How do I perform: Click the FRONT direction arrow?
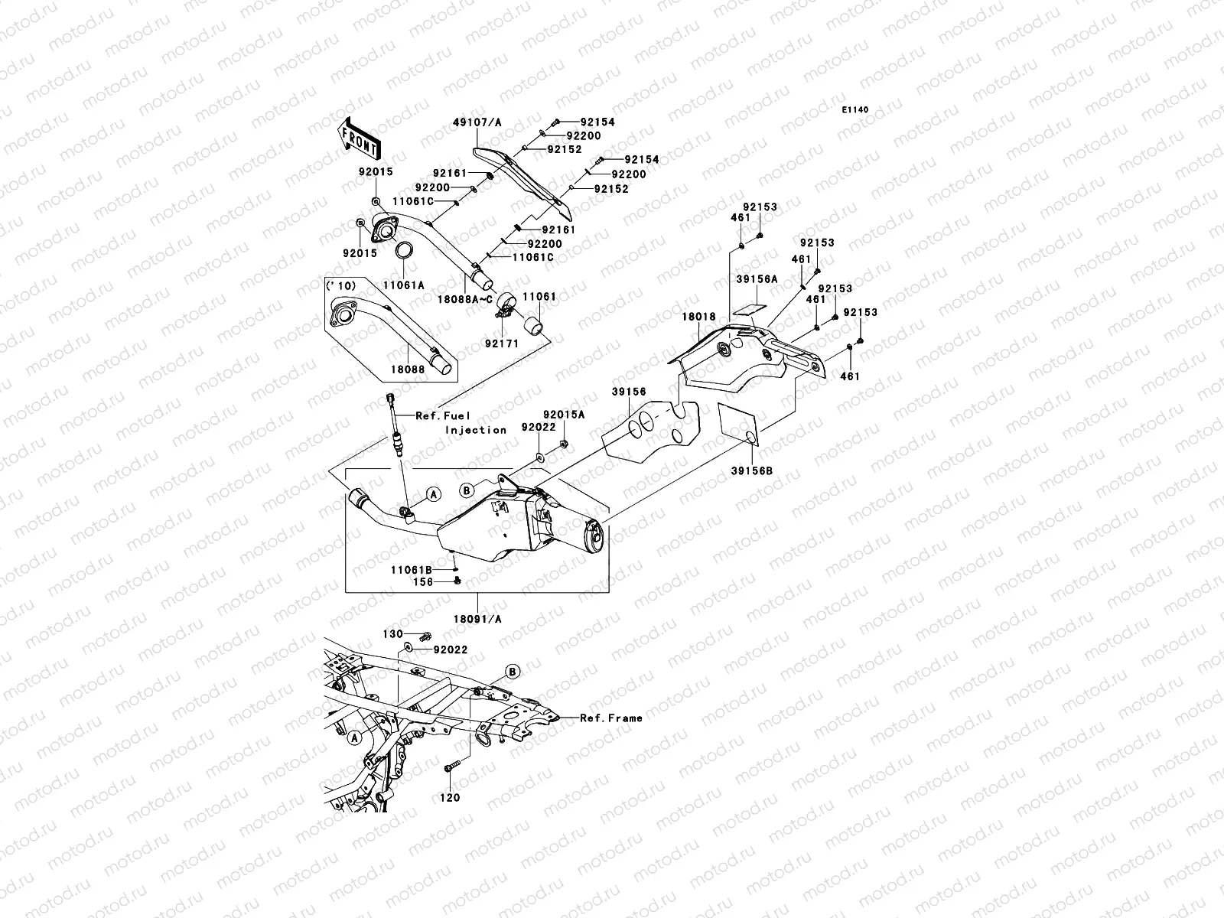point(359,138)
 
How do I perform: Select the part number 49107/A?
point(477,122)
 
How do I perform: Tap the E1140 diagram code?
point(855,110)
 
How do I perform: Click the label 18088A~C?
point(465,299)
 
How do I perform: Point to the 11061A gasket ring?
point(404,250)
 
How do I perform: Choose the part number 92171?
point(502,344)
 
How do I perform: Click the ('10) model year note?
point(340,286)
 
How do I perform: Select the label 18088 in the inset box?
point(408,369)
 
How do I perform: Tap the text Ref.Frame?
point(611,718)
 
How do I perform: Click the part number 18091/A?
point(477,619)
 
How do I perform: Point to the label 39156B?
point(752,471)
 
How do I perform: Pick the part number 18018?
point(698,317)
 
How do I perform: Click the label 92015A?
point(565,415)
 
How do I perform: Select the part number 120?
point(450,798)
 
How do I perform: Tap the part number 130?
point(392,633)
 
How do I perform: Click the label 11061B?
point(412,570)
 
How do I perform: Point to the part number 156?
point(423,582)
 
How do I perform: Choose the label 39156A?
point(757,279)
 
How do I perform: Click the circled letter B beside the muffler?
point(467,490)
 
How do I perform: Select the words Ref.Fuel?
point(443,416)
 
